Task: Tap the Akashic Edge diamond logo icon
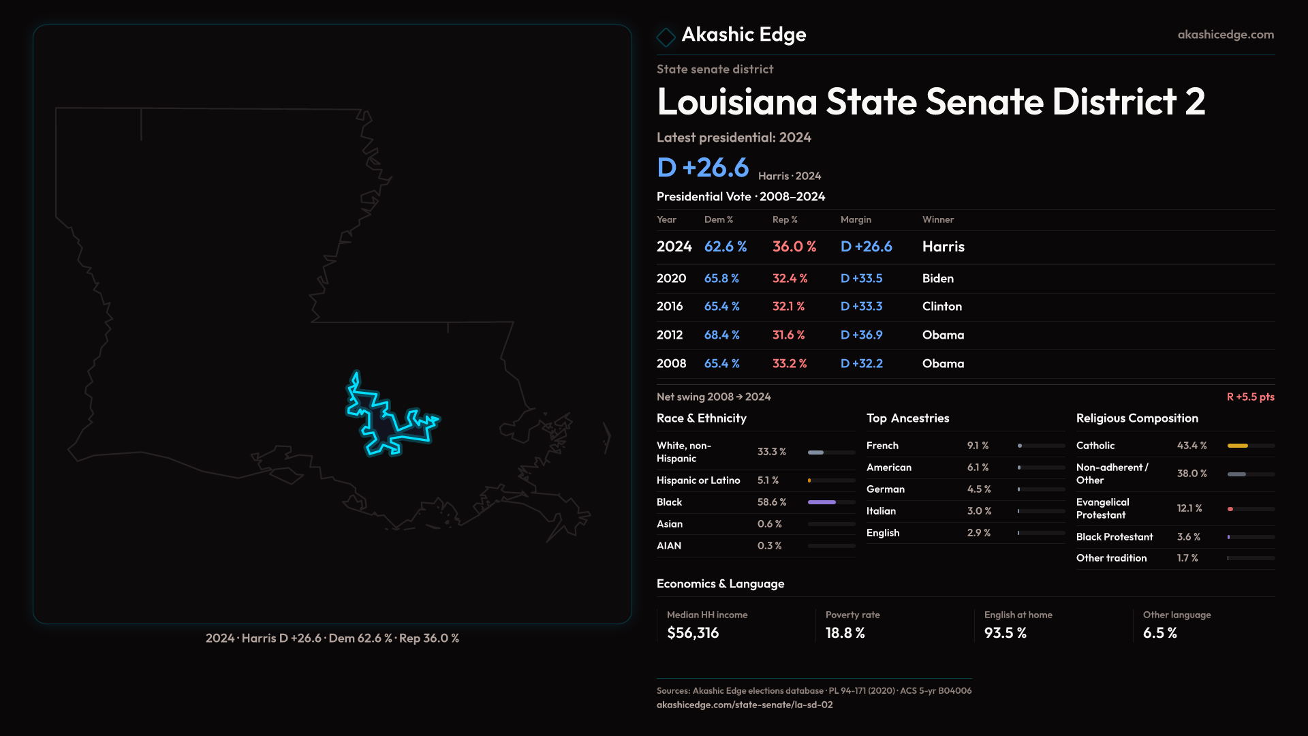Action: click(x=666, y=36)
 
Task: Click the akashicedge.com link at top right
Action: click(x=1225, y=35)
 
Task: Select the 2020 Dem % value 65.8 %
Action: click(x=721, y=279)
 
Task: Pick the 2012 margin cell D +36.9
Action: click(x=861, y=335)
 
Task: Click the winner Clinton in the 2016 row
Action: click(x=941, y=307)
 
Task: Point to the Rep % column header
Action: click(x=784, y=219)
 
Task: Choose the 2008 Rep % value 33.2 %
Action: click(x=789, y=364)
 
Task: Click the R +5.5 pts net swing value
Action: click(x=1250, y=397)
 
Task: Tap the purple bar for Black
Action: click(x=822, y=502)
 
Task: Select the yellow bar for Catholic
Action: click(x=1237, y=446)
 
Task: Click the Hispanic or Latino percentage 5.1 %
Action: click(x=768, y=480)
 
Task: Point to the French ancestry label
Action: click(x=882, y=446)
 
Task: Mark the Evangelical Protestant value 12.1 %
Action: click(x=1189, y=508)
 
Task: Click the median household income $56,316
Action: click(x=692, y=633)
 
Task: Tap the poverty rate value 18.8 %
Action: click(x=845, y=633)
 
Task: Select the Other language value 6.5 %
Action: click(x=1159, y=633)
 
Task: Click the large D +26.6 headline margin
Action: click(x=702, y=168)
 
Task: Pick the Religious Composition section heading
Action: click(x=1136, y=418)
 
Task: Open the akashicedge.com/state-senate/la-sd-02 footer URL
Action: click(x=744, y=705)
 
